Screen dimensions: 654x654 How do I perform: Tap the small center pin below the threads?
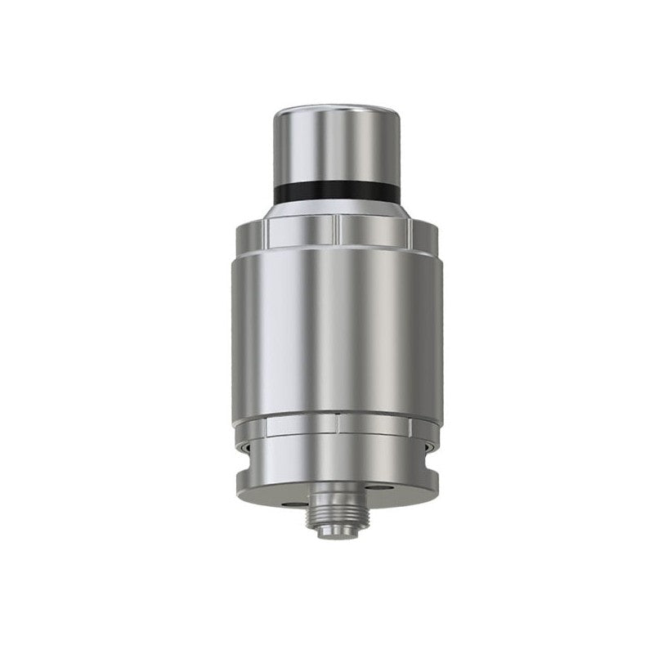coord(338,531)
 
